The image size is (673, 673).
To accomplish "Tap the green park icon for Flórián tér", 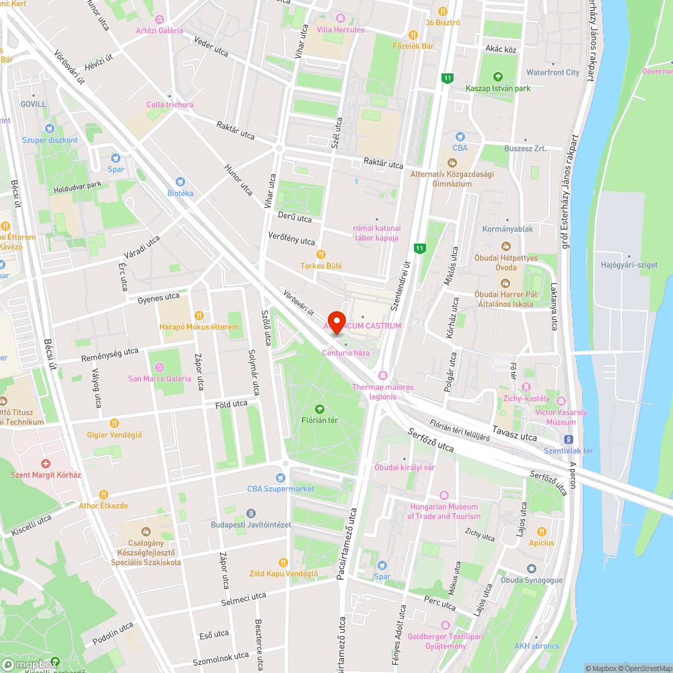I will (x=319, y=408).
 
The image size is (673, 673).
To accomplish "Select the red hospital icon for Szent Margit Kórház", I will (x=46, y=464).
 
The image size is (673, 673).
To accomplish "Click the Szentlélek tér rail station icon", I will (x=569, y=439).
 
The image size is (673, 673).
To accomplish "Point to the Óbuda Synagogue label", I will (x=531, y=580).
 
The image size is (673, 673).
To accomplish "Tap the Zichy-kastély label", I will (x=526, y=398).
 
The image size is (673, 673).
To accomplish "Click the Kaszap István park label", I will (x=497, y=88).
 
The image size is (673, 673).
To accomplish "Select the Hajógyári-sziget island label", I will (x=629, y=265).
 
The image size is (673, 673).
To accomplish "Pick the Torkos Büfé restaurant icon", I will (x=321, y=254).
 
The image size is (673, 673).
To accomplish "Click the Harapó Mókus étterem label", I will (x=199, y=327).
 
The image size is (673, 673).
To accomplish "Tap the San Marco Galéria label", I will (x=160, y=378).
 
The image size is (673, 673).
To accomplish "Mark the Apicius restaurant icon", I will (x=541, y=532).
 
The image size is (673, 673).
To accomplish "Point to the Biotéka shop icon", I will (x=180, y=182).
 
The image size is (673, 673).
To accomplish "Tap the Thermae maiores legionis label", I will (x=383, y=392).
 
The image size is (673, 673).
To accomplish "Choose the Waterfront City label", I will (x=553, y=72).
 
